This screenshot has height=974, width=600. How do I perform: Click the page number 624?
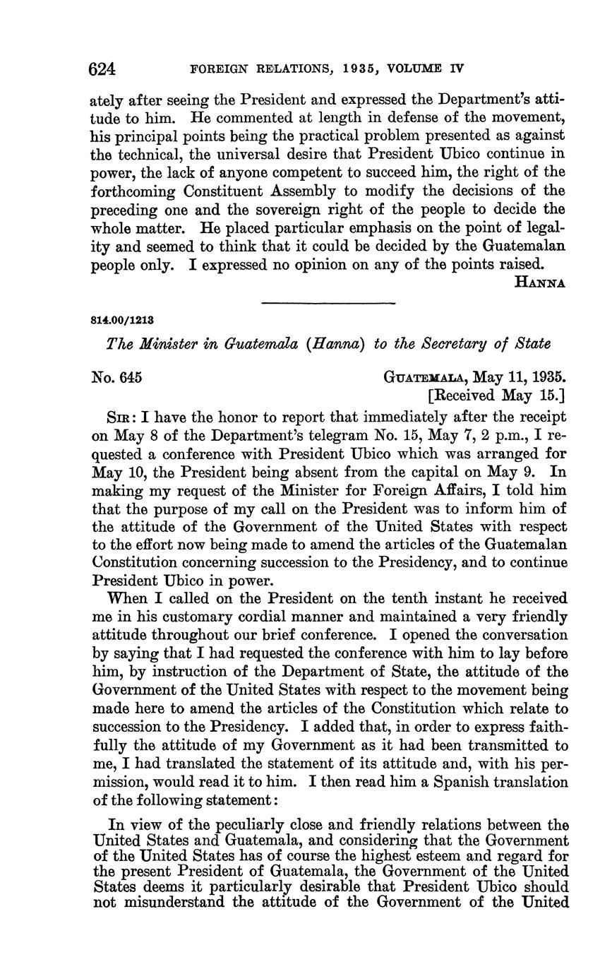pyautogui.click(x=102, y=69)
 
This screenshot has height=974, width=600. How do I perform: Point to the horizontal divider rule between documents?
pyautogui.click(x=328, y=303)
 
